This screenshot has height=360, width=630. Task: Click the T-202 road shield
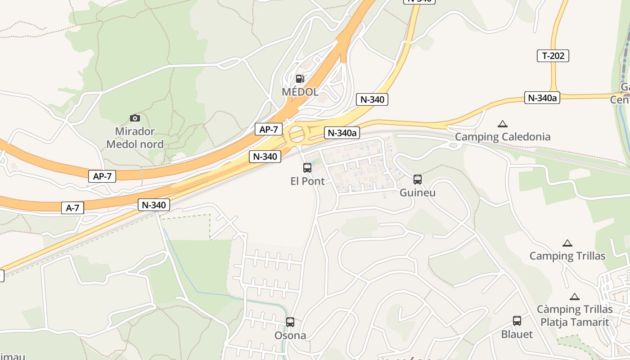pyautogui.click(x=553, y=56)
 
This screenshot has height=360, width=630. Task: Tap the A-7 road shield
pyautogui.click(x=72, y=208)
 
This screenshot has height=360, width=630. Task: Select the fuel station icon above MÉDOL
pyautogui.click(x=300, y=79)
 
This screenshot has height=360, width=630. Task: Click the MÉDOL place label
pyautogui.click(x=300, y=92)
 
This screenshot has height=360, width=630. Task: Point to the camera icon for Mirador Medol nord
pyautogui.click(x=135, y=118)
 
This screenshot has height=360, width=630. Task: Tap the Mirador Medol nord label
pyautogui.click(x=135, y=138)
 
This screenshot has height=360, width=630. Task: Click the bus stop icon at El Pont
pyautogui.click(x=307, y=168)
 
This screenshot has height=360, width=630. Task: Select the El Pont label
pyautogui.click(x=307, y=181)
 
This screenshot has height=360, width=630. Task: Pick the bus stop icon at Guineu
pyautogui.click(x=418, y=180)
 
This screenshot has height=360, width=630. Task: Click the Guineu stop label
pyautogui.click(x=418, y=193)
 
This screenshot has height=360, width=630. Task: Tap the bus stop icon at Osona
pyautogui.click(x=290, y=322)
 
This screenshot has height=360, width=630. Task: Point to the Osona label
pyautogui.click(x=290, y=335)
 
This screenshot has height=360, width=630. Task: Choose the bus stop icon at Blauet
pyautogui.click(x=517, y=321)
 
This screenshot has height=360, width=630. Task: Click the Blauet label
pyautogui.click(x=517, y=334)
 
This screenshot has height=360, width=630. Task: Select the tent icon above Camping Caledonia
pyautogui.click(x=503, y=124)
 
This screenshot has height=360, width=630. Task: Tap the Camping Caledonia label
pyautogui.click(x=503, y=137)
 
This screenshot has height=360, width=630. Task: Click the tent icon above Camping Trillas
pyautogui.click(x=567, y=243)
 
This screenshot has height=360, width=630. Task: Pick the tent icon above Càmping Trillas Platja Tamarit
pyautogui.click(x=574, y=297)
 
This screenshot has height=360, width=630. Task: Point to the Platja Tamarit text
pyautogui.click(x=575, y=322)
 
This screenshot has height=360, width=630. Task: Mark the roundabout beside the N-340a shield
pyautogui.click(x=297, y=134)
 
